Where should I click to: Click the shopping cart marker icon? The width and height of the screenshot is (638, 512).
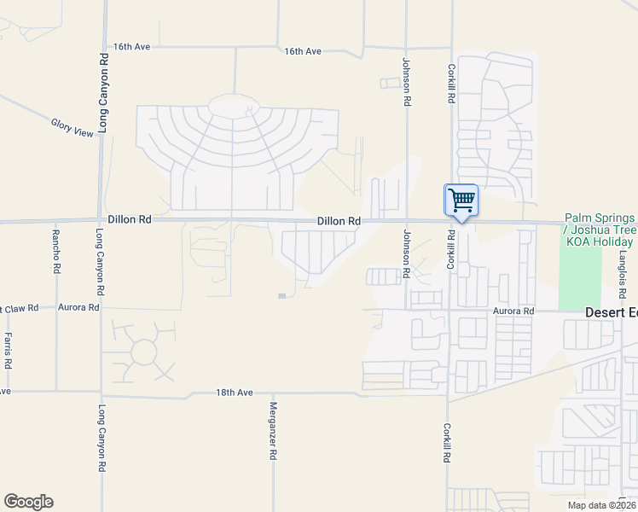tap(461, 201)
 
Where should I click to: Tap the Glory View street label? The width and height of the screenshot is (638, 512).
tap(72, 128)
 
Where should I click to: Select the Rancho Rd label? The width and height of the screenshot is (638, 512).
tap(56, 251)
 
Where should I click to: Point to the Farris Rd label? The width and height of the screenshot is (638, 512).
tap(8, 351)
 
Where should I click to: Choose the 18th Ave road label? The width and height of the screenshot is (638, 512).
tap(234, 393)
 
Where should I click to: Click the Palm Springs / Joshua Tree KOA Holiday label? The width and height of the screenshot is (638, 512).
tap(600, 230)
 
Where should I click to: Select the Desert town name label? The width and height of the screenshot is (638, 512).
tap(611, 312)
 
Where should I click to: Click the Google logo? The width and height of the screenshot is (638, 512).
tap(28, 502)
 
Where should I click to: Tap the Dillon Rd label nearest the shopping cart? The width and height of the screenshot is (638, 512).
tap(339, 221)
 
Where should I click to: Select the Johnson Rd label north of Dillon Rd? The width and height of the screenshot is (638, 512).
tap(406, 82)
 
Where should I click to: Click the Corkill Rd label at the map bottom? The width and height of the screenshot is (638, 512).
tap(445, 443)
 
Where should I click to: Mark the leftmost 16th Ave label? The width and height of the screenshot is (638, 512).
tap(132, 46)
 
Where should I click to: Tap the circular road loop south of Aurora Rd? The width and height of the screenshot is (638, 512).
tap(144, 351)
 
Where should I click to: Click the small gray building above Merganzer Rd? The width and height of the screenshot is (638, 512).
tap(282, 296)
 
